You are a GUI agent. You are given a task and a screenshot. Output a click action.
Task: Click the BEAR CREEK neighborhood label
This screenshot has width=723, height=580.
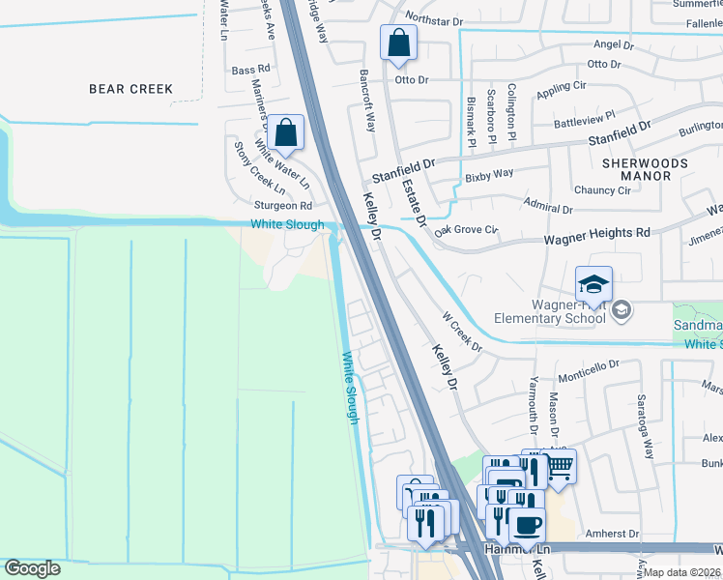[130, 89]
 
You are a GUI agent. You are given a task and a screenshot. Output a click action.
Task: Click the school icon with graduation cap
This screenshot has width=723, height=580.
[593, 283]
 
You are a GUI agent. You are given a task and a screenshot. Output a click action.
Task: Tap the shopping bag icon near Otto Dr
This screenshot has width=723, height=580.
[398, 43]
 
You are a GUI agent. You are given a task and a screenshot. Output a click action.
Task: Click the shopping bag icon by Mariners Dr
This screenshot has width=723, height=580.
[286, 132]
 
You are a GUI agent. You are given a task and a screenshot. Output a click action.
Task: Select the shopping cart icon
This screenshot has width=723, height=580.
[558, 468]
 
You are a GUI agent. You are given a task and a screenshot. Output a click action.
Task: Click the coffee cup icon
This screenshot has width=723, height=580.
[526, 526]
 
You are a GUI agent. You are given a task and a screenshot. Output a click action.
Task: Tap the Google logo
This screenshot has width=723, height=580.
[32, 568]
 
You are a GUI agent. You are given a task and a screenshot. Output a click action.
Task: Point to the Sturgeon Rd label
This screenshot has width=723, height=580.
[282, 206]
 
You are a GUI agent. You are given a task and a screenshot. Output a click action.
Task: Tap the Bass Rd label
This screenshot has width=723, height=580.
[251, 70]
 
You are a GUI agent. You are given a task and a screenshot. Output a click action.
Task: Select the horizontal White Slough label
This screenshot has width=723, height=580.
[287, 225]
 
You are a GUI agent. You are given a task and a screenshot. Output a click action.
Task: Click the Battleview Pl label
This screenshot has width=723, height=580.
[583, 122]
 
